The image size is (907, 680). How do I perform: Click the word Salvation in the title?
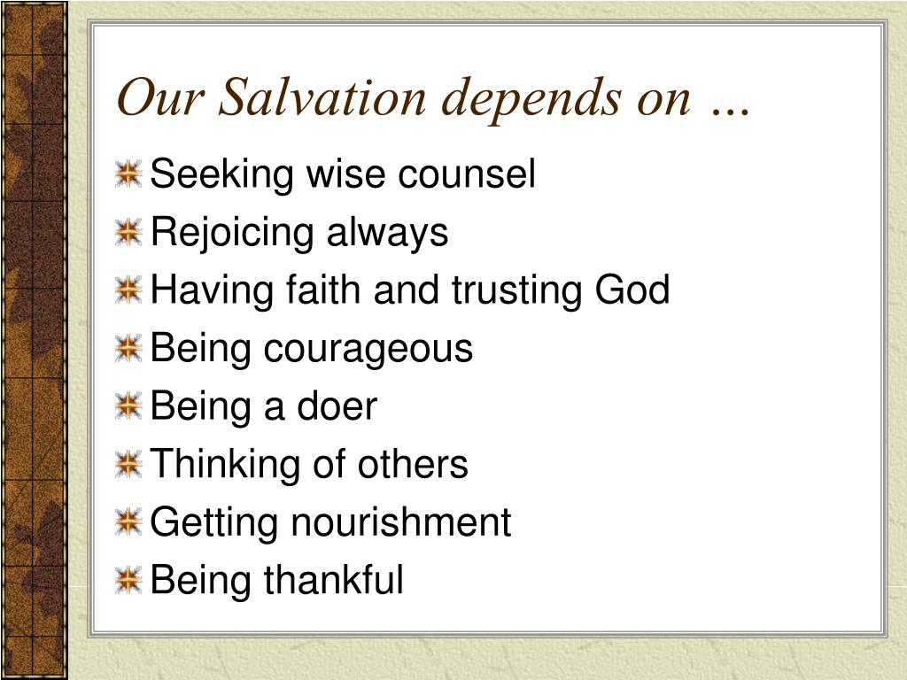[322, 97]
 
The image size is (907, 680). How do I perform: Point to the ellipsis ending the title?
[731, 111]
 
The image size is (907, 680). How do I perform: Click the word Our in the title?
[160, 97]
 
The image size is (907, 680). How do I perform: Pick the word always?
[388, 234]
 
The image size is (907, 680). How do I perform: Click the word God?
[632, 290]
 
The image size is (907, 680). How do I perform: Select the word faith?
[323, 290]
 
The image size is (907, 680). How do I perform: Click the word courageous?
[368, 350]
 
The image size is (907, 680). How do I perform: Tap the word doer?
[337, 406]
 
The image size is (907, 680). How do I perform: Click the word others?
[413, 464]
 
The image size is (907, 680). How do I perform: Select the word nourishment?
[401, 522]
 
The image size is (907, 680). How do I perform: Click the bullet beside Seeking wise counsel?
[128, 174]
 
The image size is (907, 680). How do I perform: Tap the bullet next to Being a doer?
[128, 406]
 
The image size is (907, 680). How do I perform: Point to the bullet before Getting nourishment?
[128, 522]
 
